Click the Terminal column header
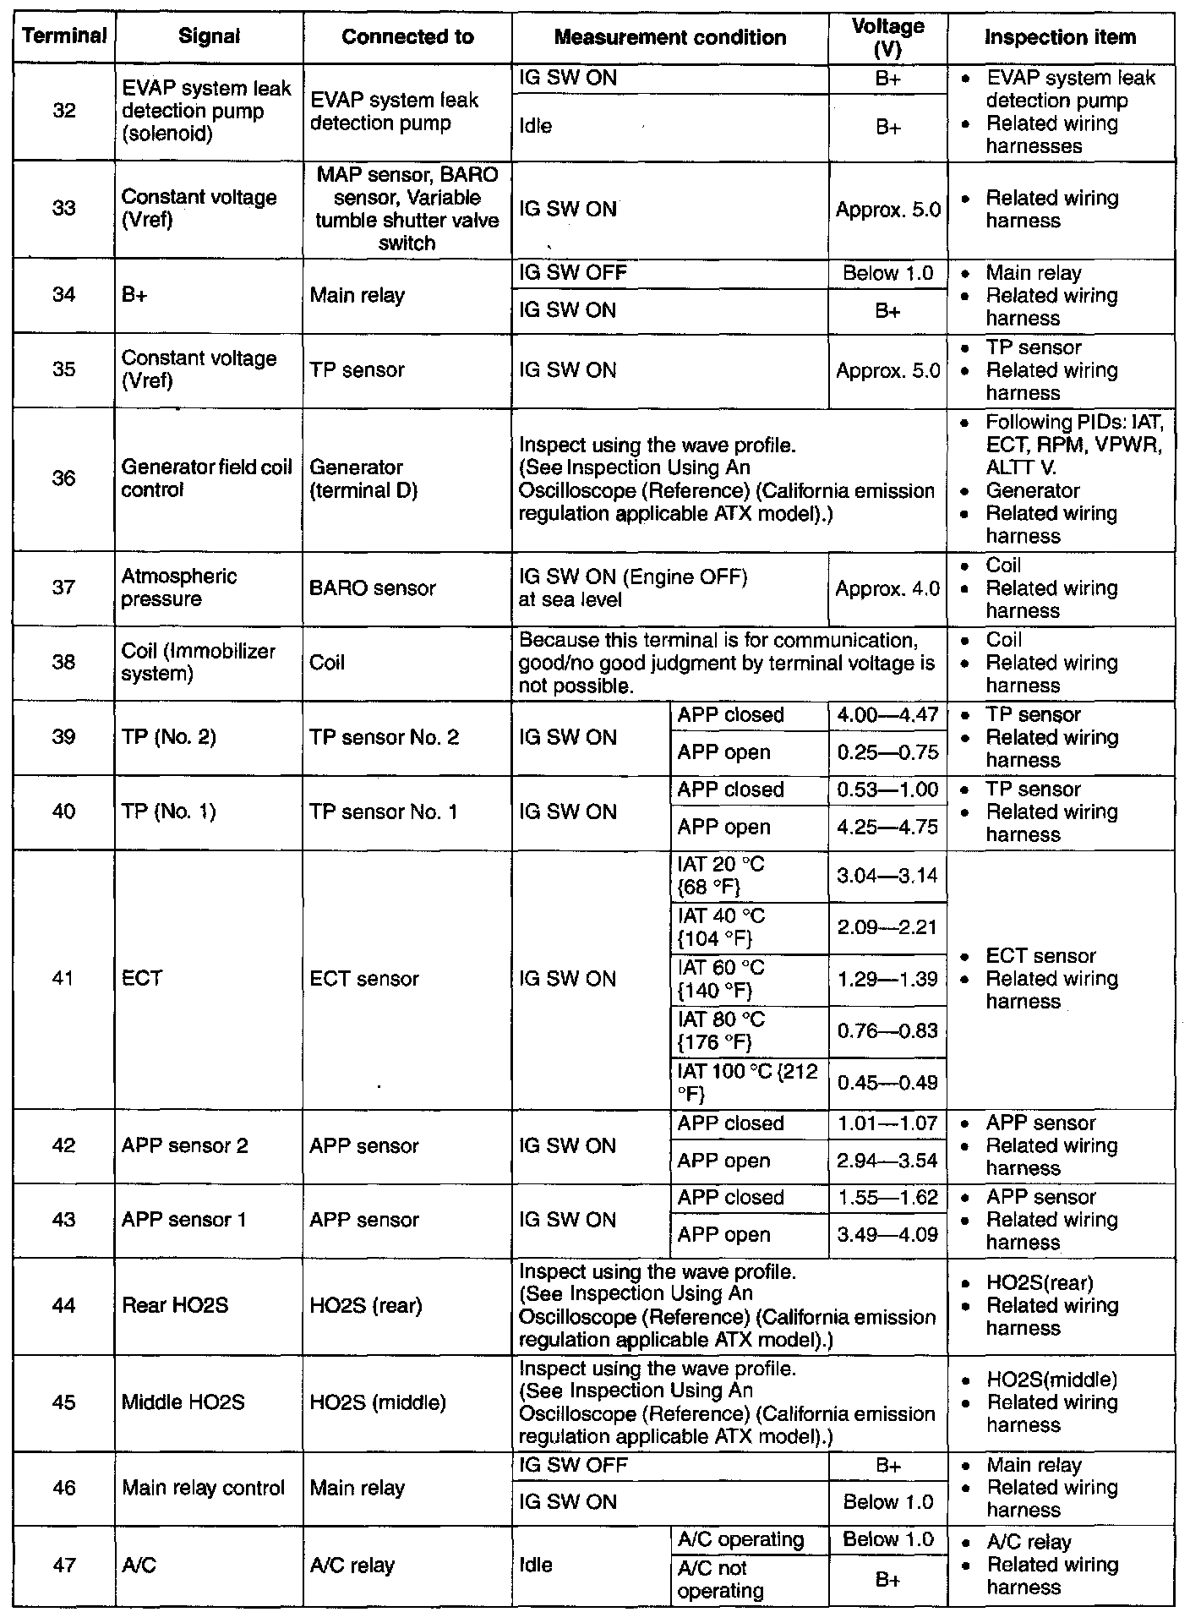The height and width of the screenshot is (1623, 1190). click(x=64, y=37)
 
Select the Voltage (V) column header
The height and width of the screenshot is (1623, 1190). click(x=887, y=38)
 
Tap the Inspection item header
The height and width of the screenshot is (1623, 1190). click(x=1060, y=37)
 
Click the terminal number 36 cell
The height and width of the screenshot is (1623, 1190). click(x=64, y=478)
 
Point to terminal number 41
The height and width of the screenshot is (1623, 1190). click(x=64, y=978)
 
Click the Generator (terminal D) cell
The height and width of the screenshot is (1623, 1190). click(x=364, y=478)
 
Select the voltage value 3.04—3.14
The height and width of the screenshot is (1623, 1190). click(x=887, y=876)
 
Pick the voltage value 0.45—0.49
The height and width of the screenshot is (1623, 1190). click(x=887, y=1083)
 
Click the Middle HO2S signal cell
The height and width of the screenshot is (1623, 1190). click(x=183, y=1402)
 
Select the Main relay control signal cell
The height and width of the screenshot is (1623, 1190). click(x=203, y=1488)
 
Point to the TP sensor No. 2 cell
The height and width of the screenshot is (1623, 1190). click(x=385, y=737)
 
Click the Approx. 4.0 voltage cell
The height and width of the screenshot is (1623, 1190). click(x=887, y=588)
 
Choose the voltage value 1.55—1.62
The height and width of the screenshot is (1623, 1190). click(x=887, y=1198)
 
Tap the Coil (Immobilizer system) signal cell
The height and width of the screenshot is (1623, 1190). click(x=199, y=663)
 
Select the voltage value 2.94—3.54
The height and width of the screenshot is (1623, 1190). click(x=887, y=1161)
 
